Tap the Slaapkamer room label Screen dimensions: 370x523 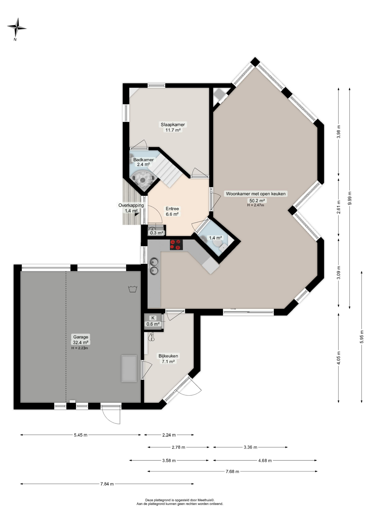click(x=173, y=124)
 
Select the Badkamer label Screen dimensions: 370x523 click(x=143, y=160)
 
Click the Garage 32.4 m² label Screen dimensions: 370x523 click(x=80, y=340)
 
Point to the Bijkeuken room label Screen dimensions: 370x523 click(x=168, y=356)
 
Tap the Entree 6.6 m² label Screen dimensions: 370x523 click(x=172, y=211)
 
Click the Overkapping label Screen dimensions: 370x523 click(x=131, y=205)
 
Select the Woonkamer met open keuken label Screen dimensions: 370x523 click(x=256, y=194)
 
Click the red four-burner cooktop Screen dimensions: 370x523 click(x=176, y=245)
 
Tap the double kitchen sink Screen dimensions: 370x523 click(x=154, y=266)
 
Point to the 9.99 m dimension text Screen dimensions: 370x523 click(x=350, y=198)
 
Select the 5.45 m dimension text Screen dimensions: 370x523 click(x=81, y=435)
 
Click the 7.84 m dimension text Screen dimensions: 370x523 click(x=107, y=484)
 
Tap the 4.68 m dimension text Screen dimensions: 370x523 click(x=265, y=461)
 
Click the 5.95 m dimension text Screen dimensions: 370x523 click(x=362, y=337)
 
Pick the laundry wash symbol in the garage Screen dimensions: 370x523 click(x=132, y=289)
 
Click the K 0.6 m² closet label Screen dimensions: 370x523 click(x=153, y=321)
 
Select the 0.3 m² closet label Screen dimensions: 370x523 click(x=156, y=233)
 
